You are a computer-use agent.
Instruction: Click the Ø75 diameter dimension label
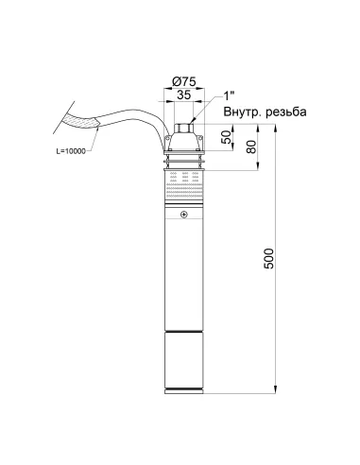click(184, 81)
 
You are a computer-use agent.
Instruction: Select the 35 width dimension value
click(184, 95)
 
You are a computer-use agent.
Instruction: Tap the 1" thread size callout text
click(229, 95)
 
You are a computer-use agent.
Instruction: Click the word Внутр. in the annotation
click(242, 112)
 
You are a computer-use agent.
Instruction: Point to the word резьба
click(285, 112)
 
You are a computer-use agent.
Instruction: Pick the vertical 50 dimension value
click(227, 137)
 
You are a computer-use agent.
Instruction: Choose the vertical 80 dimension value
click(252, 146)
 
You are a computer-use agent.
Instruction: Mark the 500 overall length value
click(268, 258)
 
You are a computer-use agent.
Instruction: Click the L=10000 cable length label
click(71, 151)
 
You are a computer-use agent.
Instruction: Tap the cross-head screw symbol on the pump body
click(184, 215)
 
